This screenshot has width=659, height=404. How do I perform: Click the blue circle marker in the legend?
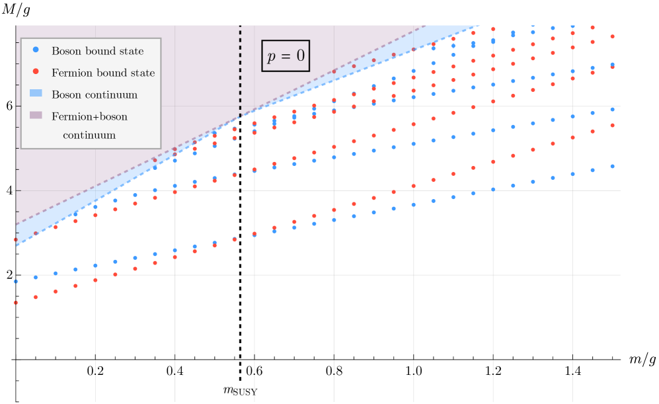point(36,50)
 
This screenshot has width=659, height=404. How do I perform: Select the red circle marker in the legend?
point(36,71)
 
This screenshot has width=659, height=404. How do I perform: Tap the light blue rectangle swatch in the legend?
point(36,94)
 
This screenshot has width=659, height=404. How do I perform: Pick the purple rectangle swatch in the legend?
point(36,116)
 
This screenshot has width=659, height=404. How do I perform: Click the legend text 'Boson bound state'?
point(97,51)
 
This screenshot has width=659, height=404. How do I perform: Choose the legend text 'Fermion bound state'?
point(103,73)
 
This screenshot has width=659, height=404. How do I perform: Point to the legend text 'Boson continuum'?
point(95,95)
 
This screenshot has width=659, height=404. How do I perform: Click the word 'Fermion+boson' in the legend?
point(89,116)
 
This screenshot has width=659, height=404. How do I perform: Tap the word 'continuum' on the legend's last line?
point(89,135)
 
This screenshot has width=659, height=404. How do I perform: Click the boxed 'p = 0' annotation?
point(286,56)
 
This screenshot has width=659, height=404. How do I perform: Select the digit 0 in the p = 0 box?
point(300,56)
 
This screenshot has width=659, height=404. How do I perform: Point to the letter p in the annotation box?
point(271,58)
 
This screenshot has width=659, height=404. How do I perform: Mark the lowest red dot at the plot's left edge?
point(16,303)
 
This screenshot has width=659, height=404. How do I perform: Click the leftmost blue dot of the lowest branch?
point(16,281)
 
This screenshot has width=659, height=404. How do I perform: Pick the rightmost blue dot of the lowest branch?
point(612,166)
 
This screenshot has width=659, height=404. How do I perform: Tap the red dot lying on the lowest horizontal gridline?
point(115,274)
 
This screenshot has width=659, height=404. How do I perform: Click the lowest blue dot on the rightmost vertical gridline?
point(572,174)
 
